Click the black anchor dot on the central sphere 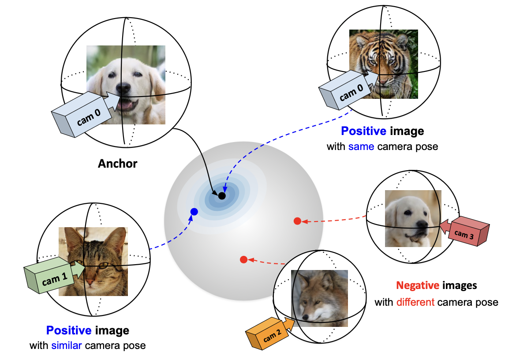(222, 195)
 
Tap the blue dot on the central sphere (194, 212)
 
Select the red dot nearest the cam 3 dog (297, 221)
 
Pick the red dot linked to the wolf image (243, 259)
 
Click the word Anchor (117, 164)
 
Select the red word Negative (417, 285)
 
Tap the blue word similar (67, 345)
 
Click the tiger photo (383, 64)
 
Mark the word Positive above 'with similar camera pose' (69, 330)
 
